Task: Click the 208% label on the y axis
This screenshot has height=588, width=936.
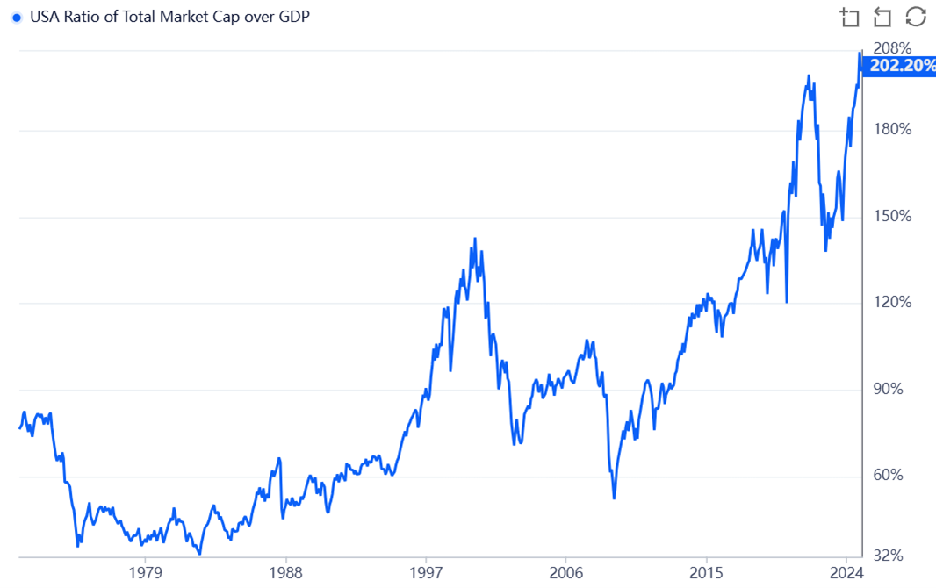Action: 891,47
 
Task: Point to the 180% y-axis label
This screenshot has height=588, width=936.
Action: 891,130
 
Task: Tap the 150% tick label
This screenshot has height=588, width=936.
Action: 891,216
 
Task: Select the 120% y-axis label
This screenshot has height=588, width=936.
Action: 891,302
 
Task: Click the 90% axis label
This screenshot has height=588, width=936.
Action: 888,389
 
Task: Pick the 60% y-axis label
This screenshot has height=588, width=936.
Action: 888,475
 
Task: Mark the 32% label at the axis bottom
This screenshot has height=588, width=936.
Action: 888,556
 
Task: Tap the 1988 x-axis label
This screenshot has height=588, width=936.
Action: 285,573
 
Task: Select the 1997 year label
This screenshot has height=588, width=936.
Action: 426,573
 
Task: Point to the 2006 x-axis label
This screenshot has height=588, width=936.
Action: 566,573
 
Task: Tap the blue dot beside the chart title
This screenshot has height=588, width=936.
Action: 17,18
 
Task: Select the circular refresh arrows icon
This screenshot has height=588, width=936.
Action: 916,17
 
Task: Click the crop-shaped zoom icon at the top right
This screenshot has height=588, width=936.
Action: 849,17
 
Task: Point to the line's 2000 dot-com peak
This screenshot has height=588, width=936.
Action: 475,239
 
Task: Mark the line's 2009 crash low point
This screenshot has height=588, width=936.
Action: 614,498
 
